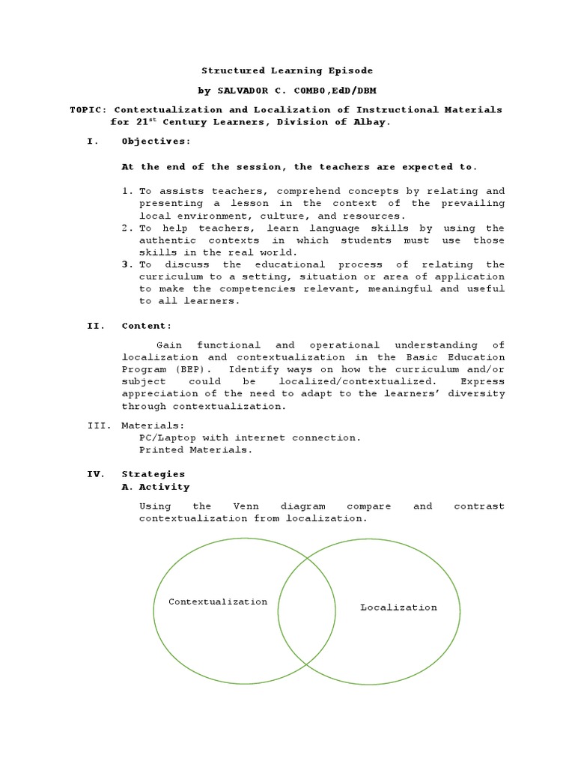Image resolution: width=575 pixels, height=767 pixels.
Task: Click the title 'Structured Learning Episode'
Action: click(287, 70)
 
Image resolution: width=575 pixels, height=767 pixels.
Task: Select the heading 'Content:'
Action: click(147, 326)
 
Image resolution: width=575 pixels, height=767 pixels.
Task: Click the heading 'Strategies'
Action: click(153, 474)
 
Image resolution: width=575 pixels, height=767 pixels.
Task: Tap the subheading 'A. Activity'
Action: click(156, 487)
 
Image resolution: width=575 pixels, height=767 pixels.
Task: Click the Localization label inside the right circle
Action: click(398, 607)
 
